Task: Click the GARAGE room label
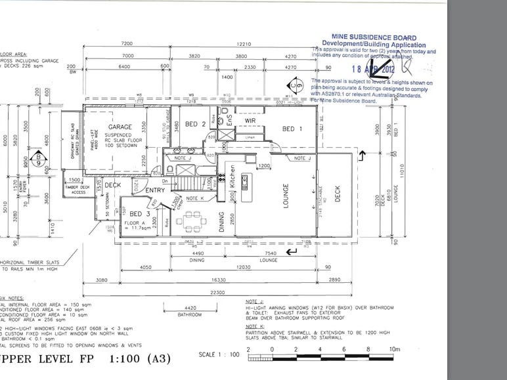pyautogui.click(x=121, y=127)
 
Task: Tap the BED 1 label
pyautogui.click(x=292, y=129)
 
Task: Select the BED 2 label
pyautogui.click(x=196, y=124)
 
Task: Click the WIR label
pyautogui.click(x=250, y=121)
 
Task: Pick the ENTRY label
pyautogui.click(x=156, y=190)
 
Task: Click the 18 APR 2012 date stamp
pyautogui.click(x=373, y=68)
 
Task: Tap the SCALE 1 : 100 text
pyautogui.click(x=216, y=356)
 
